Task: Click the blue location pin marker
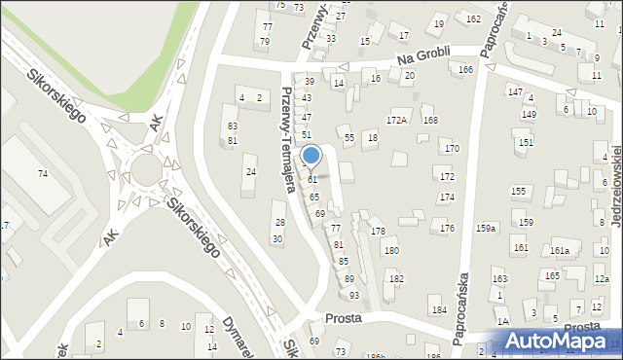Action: click(311, 156)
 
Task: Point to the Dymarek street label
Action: click(238, 334)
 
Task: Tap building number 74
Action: click(43, 173)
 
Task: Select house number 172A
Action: click(396, 121)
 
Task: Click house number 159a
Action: click(486, 228)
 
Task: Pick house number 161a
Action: click(559, 251)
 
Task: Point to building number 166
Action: click(466, 69)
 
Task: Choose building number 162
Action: click(473, 19)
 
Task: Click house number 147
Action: click(515, 90)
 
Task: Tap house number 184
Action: click(439, 310)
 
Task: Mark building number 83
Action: click(232, 126)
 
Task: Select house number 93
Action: click(354, 295)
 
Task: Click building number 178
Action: click(378, 231)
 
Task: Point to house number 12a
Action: click(602, 278)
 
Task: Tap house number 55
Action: click(348, 139)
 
